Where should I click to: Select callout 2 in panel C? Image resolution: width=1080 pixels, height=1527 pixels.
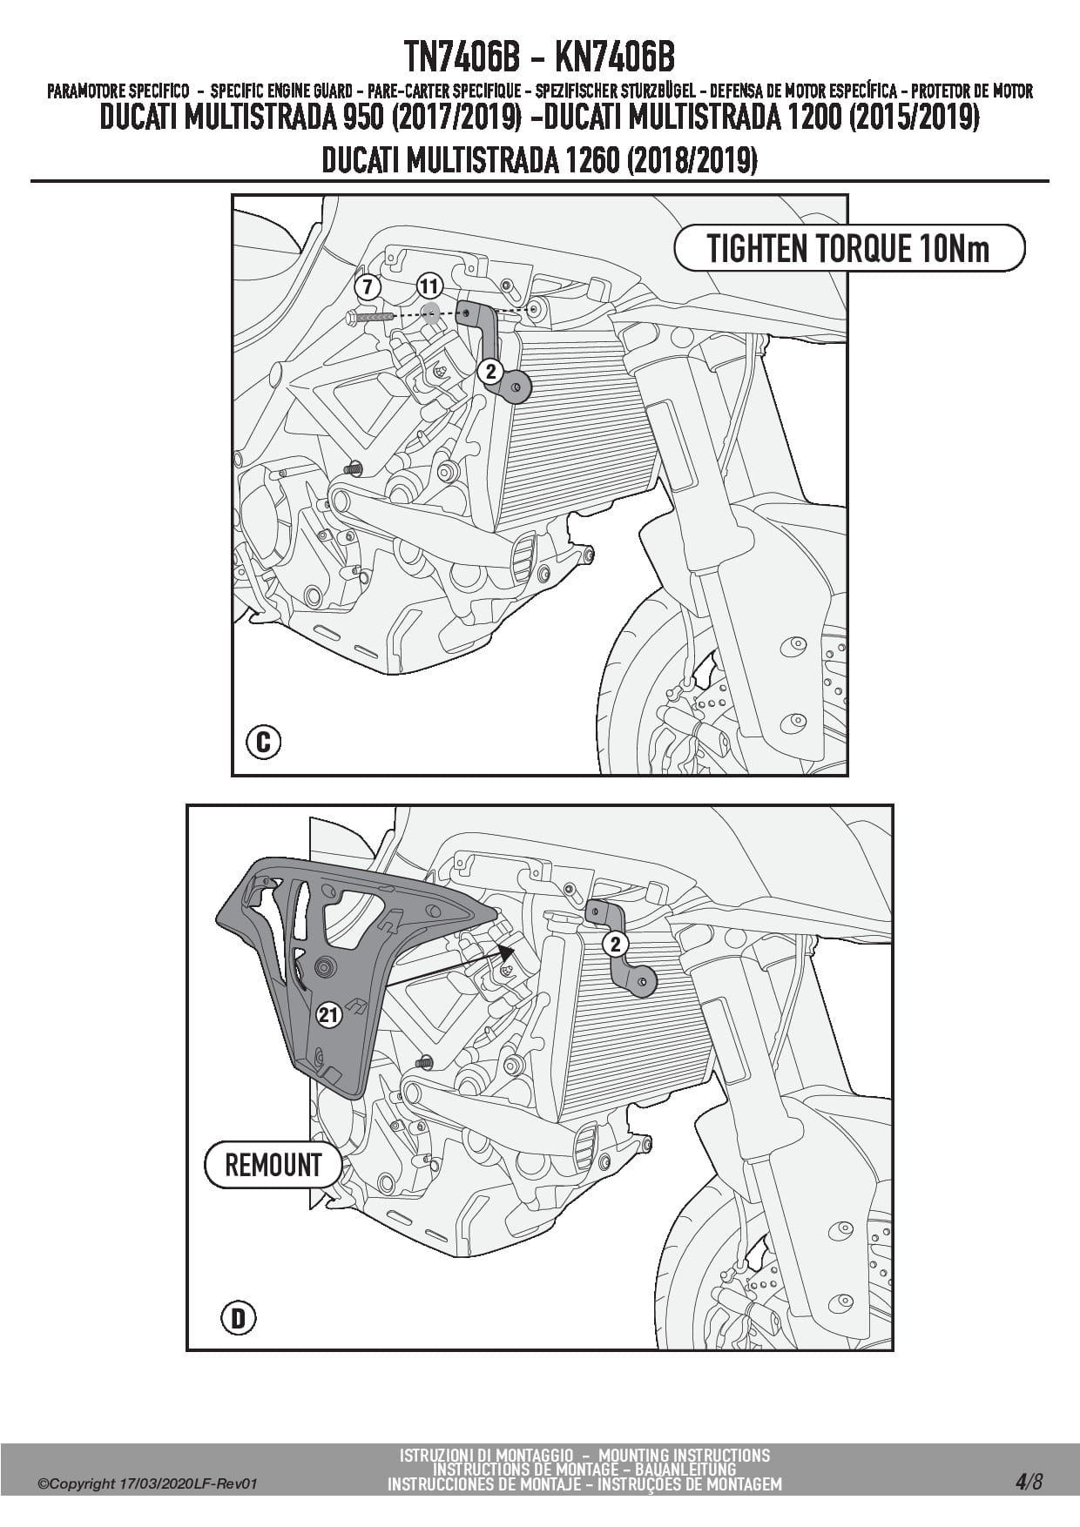tap(490, 372)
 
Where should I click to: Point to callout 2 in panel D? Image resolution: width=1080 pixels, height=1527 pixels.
tap(615, 944)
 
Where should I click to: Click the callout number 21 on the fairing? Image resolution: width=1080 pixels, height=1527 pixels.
tap(327, 1014)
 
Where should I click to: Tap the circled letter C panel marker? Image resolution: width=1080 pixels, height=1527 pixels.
tap(263, 743)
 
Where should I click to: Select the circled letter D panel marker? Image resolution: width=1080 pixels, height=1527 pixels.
tap(238, 1318)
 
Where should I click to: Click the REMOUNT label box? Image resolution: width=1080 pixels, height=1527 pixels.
tap(273, 1165)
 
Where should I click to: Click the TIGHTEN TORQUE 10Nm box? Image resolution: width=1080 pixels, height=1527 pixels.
tap(848, 249)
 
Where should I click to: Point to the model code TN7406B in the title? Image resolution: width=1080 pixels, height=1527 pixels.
tap(462, 58)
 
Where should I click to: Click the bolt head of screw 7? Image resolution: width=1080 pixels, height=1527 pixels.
tap(351, 319)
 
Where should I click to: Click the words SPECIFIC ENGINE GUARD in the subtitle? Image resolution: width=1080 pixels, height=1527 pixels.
tap(281, 91)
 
